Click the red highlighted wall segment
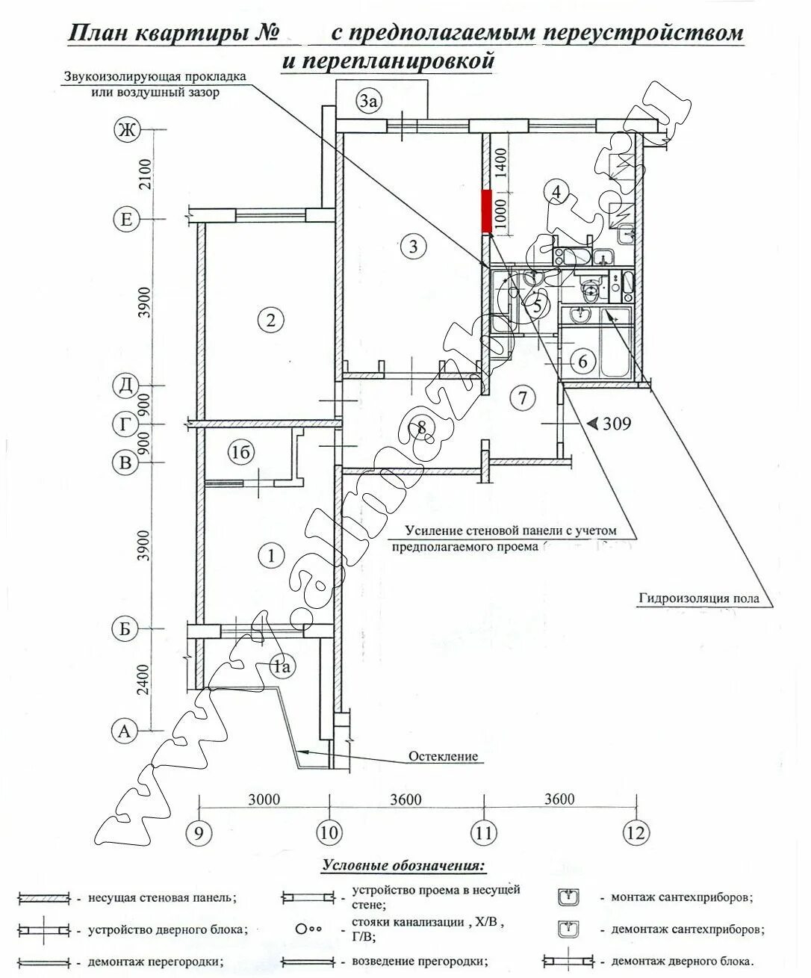[486, 211]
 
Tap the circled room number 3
[413, 246]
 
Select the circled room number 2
[270, 321]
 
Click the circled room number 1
[270, 555]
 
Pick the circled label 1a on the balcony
[282, 666]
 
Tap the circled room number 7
[523, 398]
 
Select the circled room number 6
[583, 362]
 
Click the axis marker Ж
[126, 130]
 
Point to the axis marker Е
[125, 220]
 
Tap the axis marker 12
[636, 833]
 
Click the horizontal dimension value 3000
[264, 799]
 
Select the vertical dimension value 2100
[146, 174]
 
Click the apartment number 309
[617, 424]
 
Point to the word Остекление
[443, 756]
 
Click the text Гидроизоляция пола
[698, 598]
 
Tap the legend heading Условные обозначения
[404, 866]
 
